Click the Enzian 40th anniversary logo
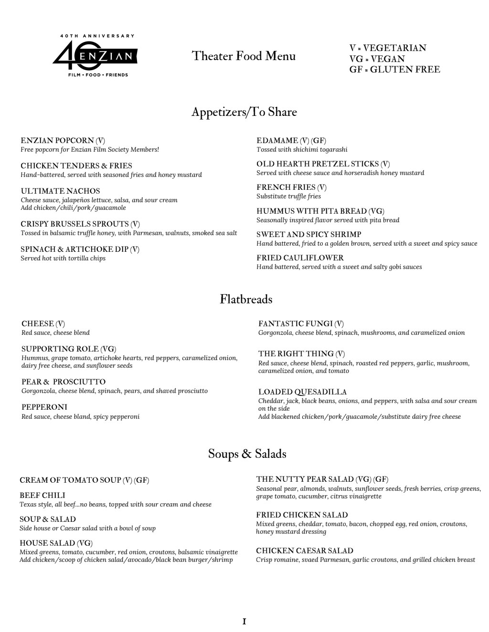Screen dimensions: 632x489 pos(95,56)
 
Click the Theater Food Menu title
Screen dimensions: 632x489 pos(244,56)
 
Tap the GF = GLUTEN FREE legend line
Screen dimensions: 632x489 pos(394,70)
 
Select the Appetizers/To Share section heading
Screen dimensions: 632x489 pos(244,112)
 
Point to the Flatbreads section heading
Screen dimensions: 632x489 pos(246,300)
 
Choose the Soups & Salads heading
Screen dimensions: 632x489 pos(247,454)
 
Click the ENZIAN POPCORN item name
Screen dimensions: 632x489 pos(57,141)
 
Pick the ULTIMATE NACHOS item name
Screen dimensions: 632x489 pos(60,191)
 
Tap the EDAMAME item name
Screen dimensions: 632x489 pos(277,141)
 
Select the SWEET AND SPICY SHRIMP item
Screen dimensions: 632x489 pos(309,235)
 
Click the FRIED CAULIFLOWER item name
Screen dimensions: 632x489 pos(300,258)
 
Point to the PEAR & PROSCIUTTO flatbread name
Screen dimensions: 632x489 pos(64,382)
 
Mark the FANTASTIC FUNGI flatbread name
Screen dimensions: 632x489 pos(296,324)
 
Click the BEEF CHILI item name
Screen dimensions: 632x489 pos(43,496)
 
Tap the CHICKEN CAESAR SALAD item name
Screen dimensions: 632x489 pos(305,551)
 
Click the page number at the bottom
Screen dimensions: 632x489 pos(244,622)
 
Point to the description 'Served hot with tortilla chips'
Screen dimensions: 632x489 pos(63,259)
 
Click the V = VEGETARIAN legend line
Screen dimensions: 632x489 pos(388,48)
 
